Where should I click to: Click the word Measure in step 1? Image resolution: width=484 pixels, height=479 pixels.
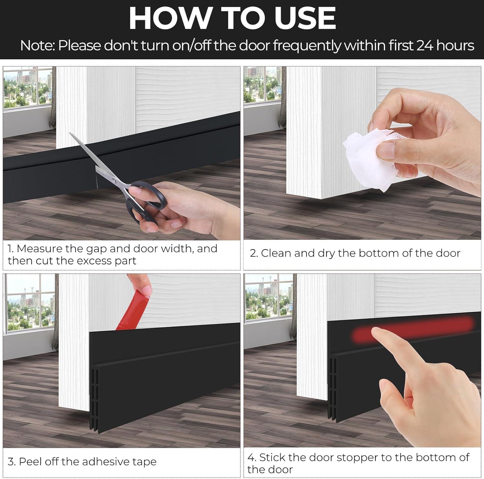pos(39,249)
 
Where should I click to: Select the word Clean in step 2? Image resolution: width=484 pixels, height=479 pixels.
pos(276,253)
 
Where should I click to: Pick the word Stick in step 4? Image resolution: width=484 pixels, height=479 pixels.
pos(272,457)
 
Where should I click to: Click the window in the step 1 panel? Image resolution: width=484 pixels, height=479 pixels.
pos(27,87)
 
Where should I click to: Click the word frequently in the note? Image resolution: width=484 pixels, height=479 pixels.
pos(306,46)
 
